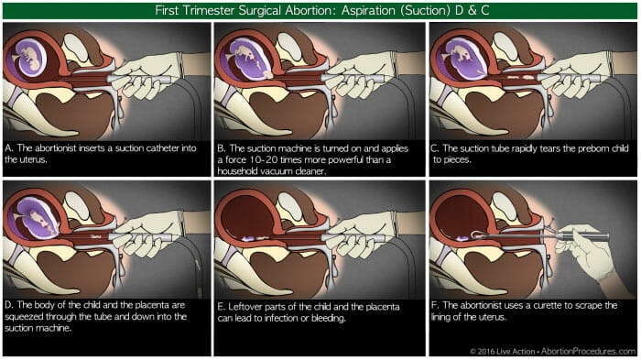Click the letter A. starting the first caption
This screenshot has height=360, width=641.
pos(9,148)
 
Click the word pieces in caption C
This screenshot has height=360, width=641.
pos(452,159)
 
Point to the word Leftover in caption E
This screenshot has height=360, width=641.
pos(244,307)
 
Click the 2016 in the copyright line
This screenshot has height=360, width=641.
pos(487,352)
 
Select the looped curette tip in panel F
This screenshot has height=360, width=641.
pos(477,235)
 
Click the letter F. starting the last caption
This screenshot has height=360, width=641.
pos(436,306)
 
